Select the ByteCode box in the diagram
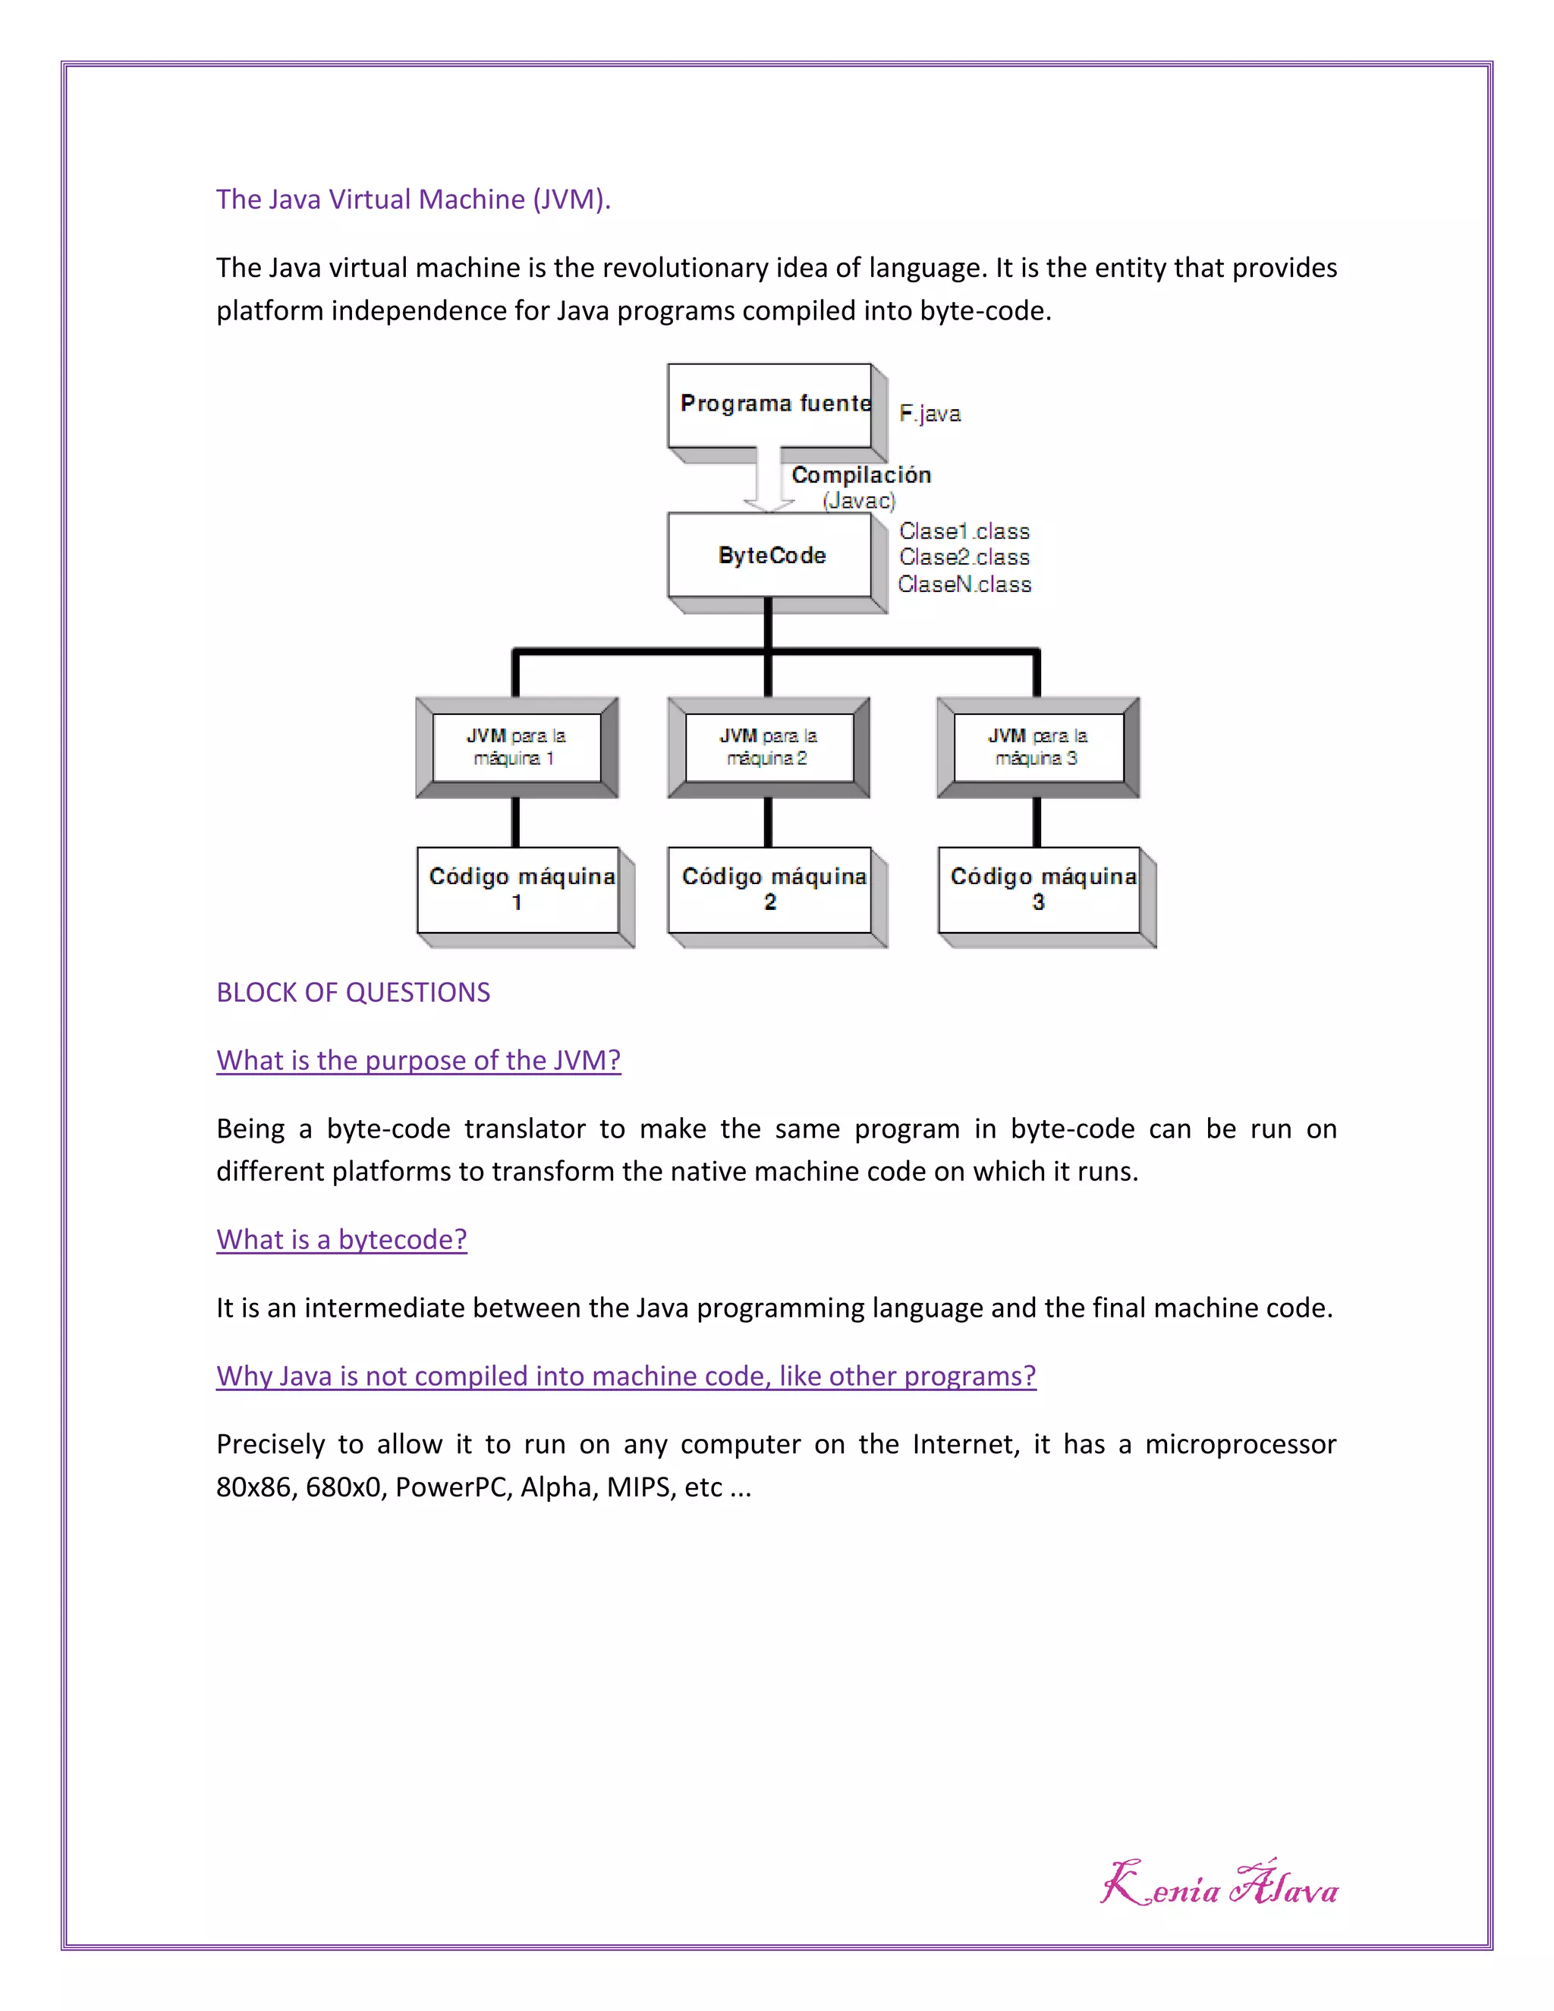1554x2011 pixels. (x=771, y=555)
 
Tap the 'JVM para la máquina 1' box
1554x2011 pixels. (x=515, y=747)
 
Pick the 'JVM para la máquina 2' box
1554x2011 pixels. (x=769, y=747)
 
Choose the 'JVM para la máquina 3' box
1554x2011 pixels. (x=1037, y=747)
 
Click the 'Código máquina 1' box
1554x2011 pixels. (x=518, y=889)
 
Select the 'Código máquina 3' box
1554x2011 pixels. (x=1040, y=889)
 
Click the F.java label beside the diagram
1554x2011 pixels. (x=930, y=414)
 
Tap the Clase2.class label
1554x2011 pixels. (x=964, y=557)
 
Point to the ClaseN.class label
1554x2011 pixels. (x=964, y=584)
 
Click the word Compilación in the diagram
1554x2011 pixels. (x=860, y=475)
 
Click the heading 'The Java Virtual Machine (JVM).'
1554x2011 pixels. (x=414, y=199)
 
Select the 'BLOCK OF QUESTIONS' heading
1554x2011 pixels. (x=353, y=992)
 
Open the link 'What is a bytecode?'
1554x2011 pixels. (x=341, y=1239)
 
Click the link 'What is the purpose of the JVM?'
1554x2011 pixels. (x=418, y=1060)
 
